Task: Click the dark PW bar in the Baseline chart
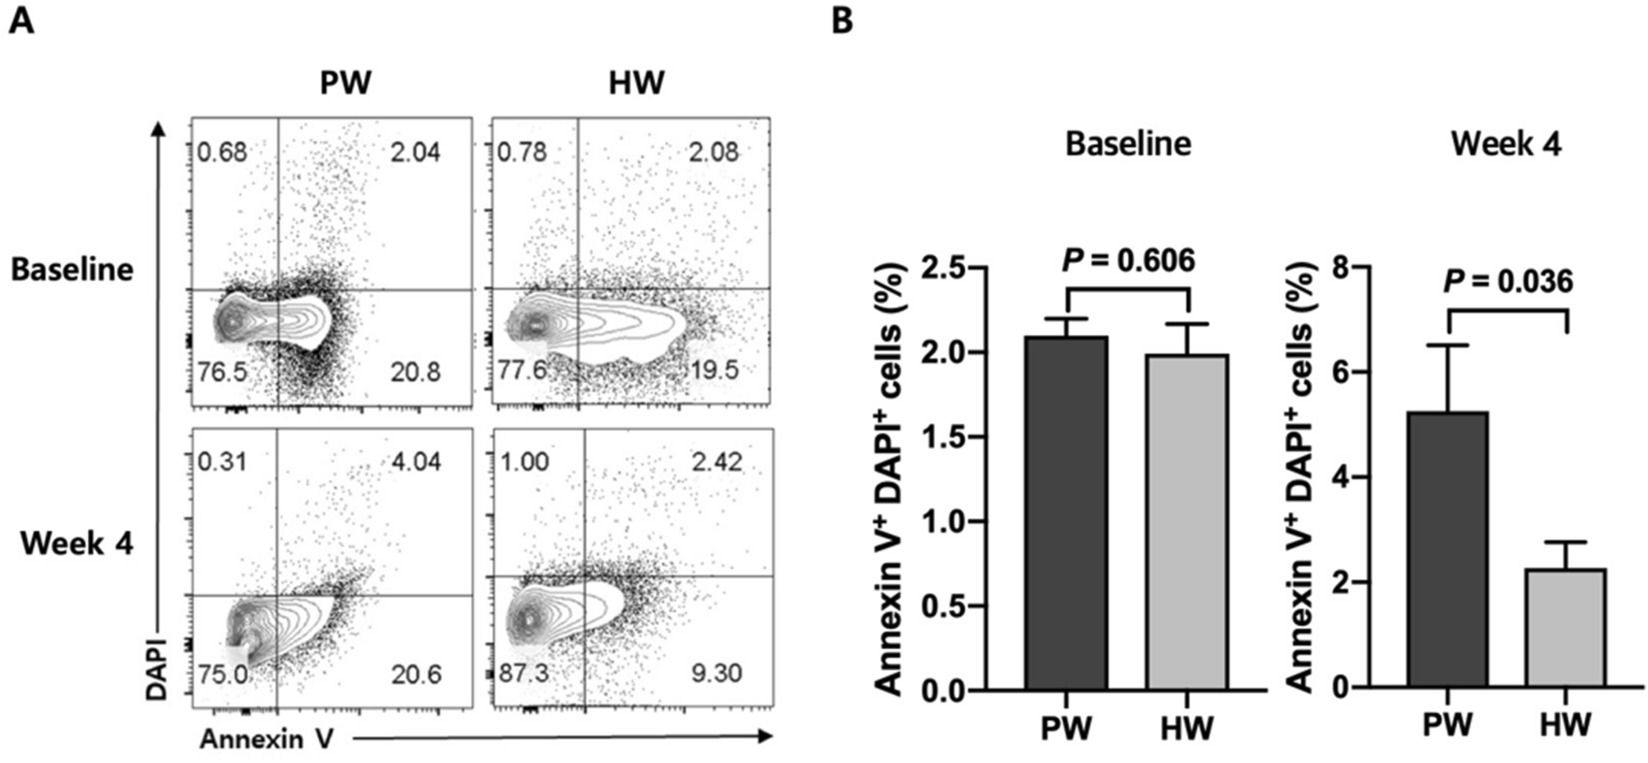click(x=1066, y=513)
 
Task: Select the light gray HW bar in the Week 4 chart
click(x=1565, y=628)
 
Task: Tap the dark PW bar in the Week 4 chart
click(x=1447, y=550)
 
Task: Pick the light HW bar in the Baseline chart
click(x=1186, y=522)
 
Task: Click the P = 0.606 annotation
click(x=1128, y=261)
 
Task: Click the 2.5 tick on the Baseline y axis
click(x=945, y=268)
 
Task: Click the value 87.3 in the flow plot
click(x=524, y=674)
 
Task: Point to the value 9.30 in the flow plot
click(x=716, y=674)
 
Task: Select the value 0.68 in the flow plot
click(x=222, y=152)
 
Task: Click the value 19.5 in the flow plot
click(x=714, y=370)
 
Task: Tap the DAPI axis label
click(x=156, y=669)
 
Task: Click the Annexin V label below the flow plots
click(x=266, y=739)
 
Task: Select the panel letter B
click(x=842, y=21)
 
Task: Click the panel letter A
click(x=21, y=21)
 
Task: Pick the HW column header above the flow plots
click(x=636, y=83)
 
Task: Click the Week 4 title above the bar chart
click(x=1506, y=144)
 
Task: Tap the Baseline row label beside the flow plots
click(x=72, y=269)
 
